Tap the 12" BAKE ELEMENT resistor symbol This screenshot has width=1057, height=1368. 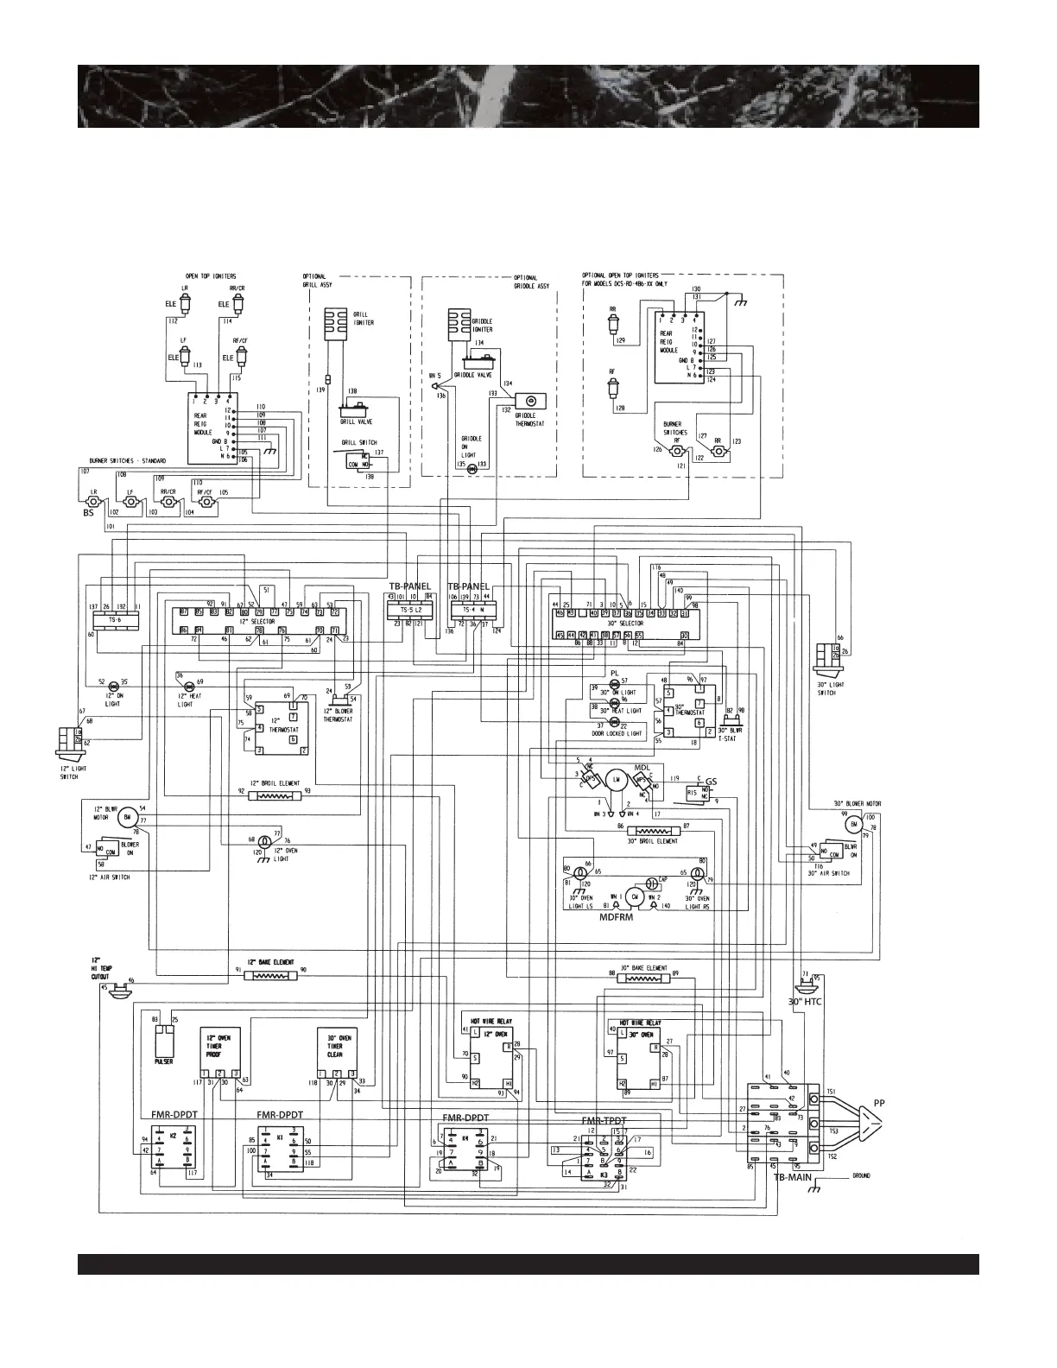coord(271,975)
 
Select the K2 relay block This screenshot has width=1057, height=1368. coord(173,1156)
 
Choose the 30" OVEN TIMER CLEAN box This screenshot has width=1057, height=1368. coord(335,1048)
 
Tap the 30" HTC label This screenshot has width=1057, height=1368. coord(805,1001)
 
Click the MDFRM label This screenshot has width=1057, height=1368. coord(623,920)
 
